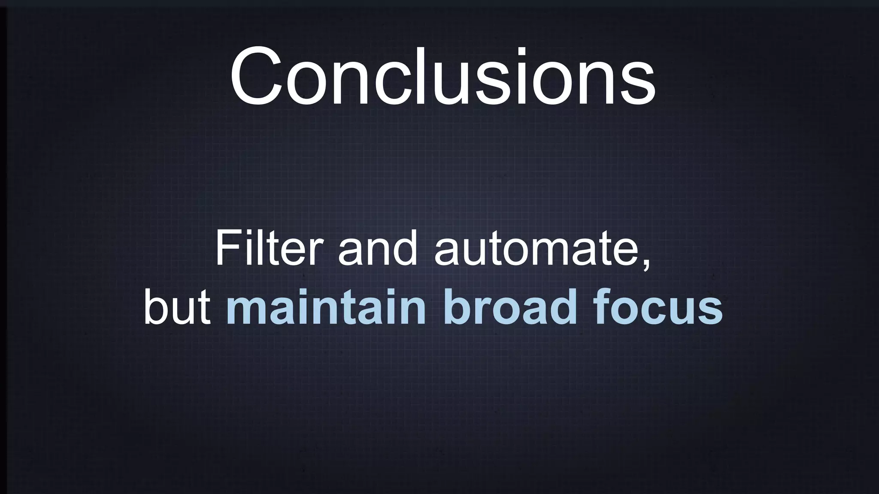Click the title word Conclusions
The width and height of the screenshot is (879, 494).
442,77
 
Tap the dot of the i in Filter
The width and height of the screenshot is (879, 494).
248,234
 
